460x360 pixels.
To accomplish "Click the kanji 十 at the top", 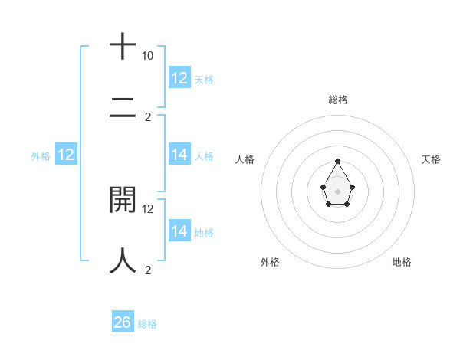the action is click(123, 46).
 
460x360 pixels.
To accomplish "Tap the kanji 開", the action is click(123, 199).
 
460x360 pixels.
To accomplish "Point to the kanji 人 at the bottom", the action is click(123, 260).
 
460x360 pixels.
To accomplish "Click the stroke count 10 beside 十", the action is click(147, 56).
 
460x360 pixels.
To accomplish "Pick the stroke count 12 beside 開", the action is click(148, 208).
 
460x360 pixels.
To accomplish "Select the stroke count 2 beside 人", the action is click(148, 270).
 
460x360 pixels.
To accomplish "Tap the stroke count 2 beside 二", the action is click(148, 117).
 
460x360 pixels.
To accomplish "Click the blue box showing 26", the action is click(123, 322).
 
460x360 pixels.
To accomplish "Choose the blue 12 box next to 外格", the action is click(66, 155).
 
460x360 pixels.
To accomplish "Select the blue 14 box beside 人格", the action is click(179, 155).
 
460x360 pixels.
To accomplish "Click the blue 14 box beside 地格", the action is click(179, 231).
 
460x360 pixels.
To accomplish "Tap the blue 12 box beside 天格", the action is click(179, 78).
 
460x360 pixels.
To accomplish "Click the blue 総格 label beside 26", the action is click(148, 324).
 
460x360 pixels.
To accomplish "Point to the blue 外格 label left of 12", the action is click(41, 156).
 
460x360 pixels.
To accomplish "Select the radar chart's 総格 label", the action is click(338, 100).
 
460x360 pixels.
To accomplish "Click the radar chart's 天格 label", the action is click(432, 159).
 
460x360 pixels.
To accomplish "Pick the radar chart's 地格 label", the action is click(402, 262).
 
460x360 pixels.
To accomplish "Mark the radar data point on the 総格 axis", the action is click(338, 162).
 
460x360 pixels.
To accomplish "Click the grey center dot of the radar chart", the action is click(338, 191).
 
